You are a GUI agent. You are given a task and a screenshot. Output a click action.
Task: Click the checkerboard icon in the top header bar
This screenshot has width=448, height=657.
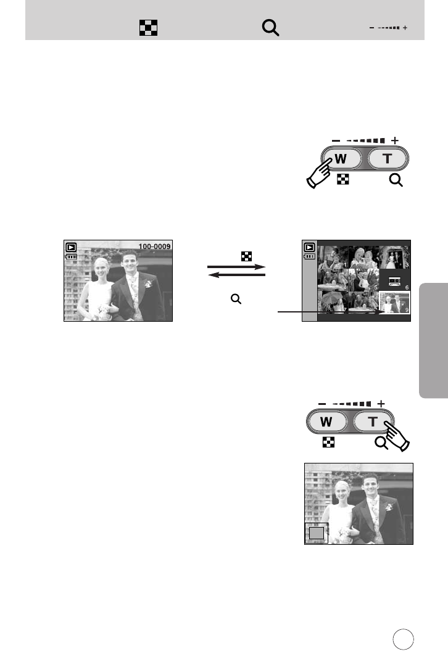[x=148, y=28]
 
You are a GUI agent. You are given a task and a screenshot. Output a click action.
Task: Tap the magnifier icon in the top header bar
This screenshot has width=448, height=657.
[x=271, y=28]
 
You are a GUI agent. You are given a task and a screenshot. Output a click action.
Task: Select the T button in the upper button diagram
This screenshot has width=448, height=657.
[x=386, y=158]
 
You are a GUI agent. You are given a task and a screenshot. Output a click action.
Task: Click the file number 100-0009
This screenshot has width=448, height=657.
[x=154, y=247]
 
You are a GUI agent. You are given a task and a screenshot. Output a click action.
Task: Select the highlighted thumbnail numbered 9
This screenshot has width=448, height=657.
[x=394, y=304]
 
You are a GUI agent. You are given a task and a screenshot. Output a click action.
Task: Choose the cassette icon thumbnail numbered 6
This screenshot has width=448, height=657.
[x=394, y=280]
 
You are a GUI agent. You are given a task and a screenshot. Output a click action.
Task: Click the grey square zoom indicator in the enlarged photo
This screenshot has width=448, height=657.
[x=316, y=533]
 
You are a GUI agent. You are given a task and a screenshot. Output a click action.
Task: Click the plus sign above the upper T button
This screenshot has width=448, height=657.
[x=394, y=141]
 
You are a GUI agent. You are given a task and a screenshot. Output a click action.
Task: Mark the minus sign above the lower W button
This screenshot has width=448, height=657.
[x=322, y=404]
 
